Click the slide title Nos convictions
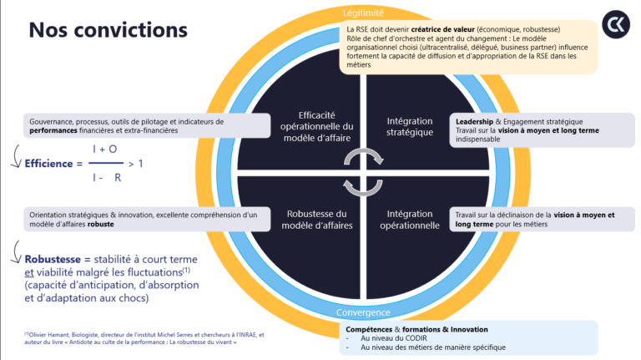pyautogui.click(x=109, y=29)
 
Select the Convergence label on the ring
pyautogui.click(x=364, y=312)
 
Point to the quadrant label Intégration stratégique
pyautogui.click(x=410, y=127)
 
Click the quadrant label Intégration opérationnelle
pyautogui.click(x=410, y=219)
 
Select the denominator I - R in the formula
pyautogui.click(x=106, y=177)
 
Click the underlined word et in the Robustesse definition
pyautogui.click(x=29, y=272)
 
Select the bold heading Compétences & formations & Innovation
pyautogui.click(x=417, y=329)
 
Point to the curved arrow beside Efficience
pyautogui.click(x=15, y=156)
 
